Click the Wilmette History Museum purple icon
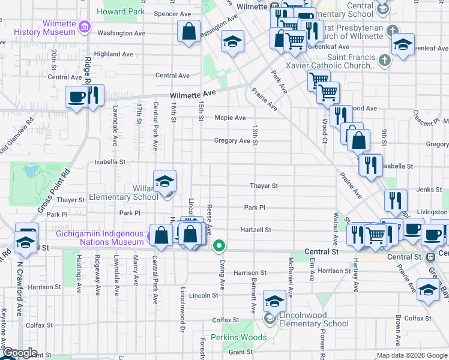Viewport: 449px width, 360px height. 85,27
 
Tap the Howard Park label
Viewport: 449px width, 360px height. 121,11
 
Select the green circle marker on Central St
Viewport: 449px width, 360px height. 220,245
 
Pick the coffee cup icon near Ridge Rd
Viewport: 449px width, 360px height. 76,97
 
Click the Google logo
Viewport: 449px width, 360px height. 20,353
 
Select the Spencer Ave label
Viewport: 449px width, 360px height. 172,14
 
